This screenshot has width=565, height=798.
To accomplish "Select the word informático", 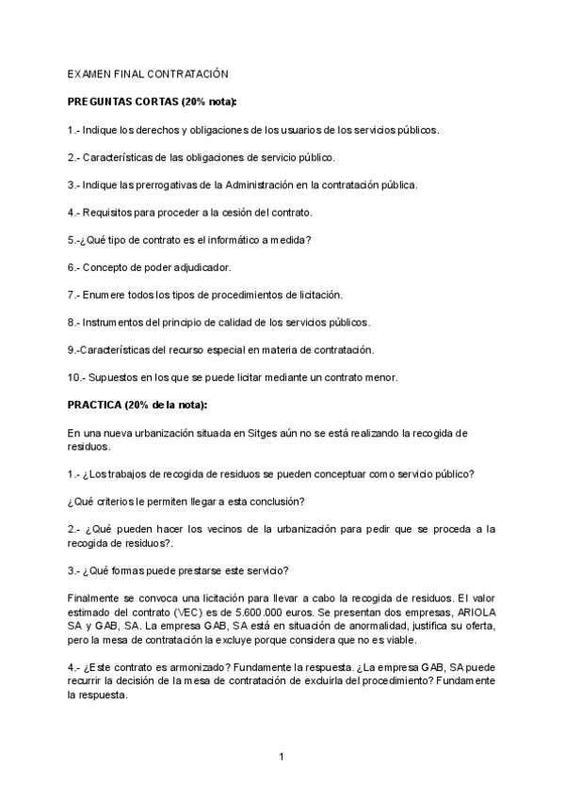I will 220,239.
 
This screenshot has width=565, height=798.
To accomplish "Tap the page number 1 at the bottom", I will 282,756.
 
